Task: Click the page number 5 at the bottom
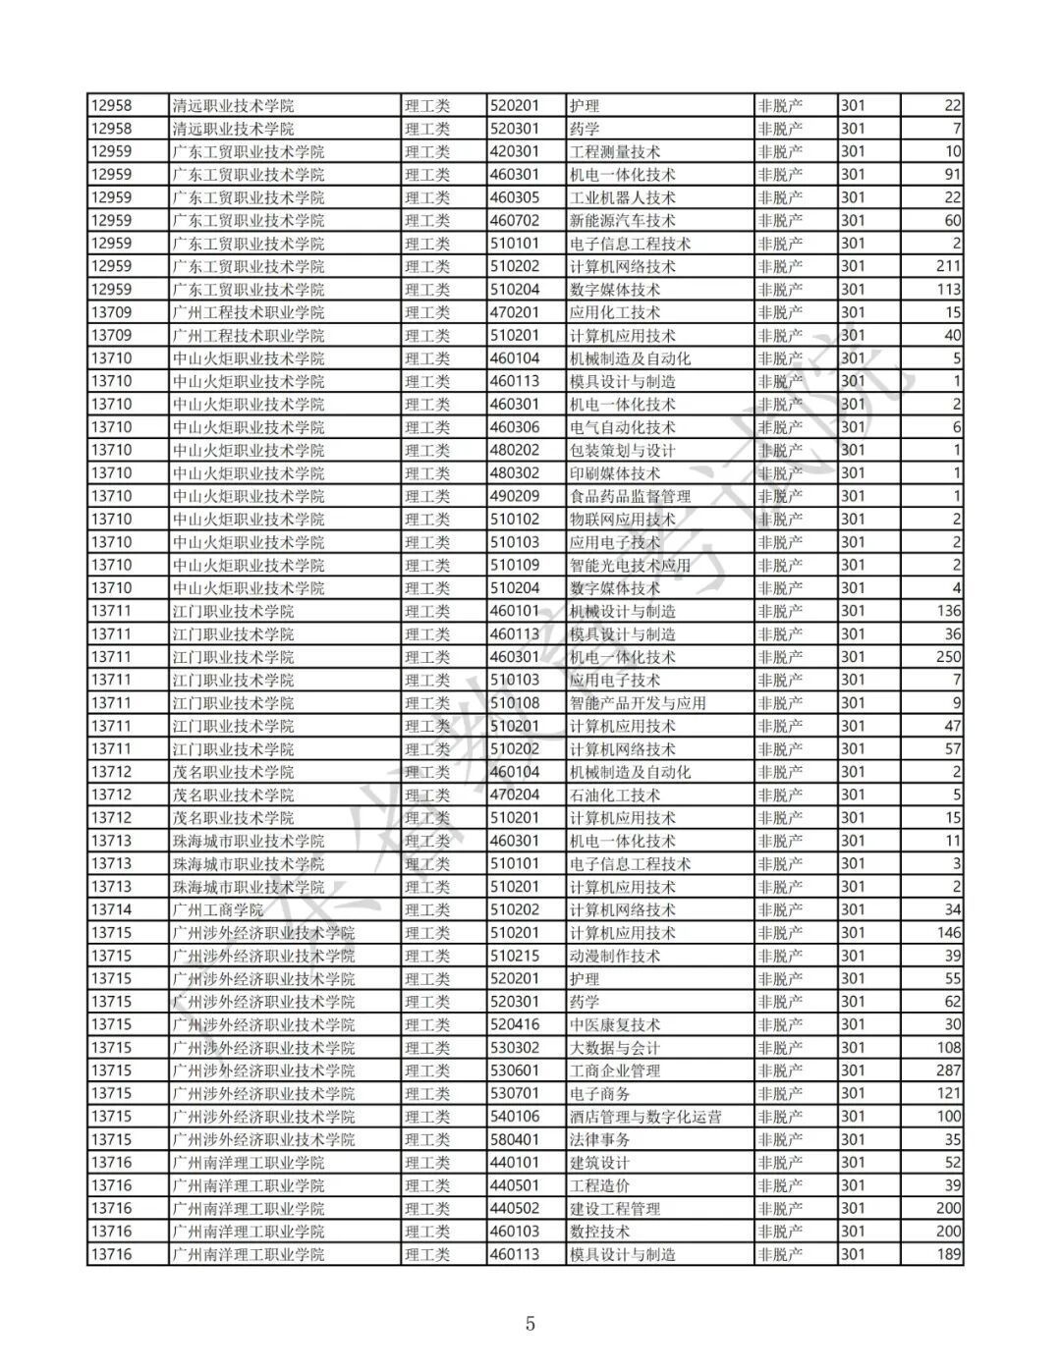(530, 1323)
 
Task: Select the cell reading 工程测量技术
(615, 151)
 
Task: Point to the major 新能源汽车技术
(623, 220)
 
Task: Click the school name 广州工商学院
(218, 909)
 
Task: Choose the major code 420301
(515, 151)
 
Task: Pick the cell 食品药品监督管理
(630, 496)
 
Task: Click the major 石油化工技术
(615, 795)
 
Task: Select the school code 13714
(111, 909)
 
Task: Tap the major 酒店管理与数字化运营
(645, 1117)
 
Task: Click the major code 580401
(515, 1139)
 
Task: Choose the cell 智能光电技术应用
(630, 565)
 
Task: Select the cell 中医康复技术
(615, 1024)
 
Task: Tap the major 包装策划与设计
(623, 450)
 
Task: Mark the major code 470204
(515, 795)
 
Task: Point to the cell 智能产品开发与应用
(638, 703)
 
